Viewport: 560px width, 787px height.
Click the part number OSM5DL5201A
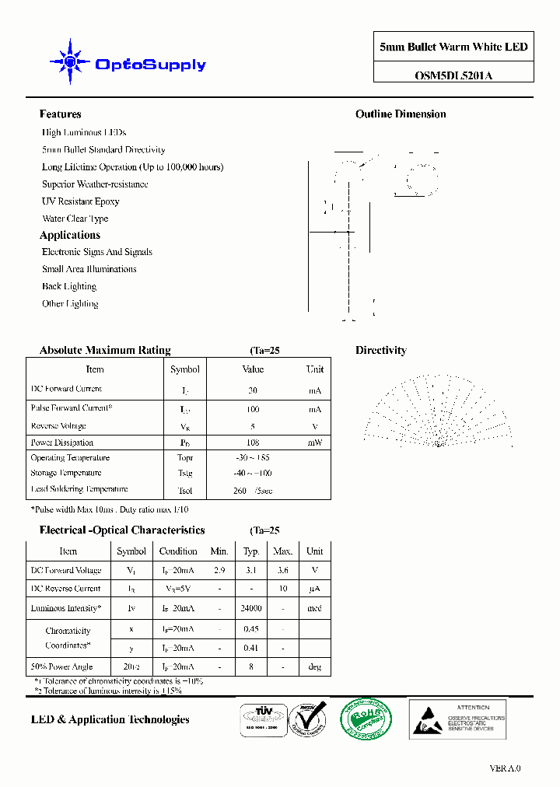click(453, 75)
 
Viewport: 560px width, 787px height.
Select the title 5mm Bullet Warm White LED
click(453, 47)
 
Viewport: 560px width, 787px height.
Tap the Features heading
click(61, 114)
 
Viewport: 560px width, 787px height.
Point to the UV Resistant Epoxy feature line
click(81, 201)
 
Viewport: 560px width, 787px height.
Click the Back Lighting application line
click(69, 286)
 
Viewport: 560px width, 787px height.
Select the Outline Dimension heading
click(401, 114)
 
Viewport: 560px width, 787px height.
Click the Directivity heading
click(381, 351)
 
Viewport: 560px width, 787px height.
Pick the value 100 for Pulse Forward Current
click(253, 409)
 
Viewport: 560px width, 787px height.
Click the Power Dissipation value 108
click(253, 442)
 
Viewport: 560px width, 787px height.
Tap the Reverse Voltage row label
click(58, 426)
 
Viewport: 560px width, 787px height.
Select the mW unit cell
click(314, 442)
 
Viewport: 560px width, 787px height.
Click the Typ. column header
click(251, 551)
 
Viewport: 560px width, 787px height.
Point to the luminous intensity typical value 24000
click(251, 609)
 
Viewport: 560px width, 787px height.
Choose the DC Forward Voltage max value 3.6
click(282, 571)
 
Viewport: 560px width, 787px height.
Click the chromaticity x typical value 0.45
click(251, 629)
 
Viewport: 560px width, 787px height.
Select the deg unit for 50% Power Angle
click(314, 666)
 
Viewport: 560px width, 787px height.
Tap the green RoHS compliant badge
click(366, 719)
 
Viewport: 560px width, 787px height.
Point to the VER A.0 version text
click(505, 768)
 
